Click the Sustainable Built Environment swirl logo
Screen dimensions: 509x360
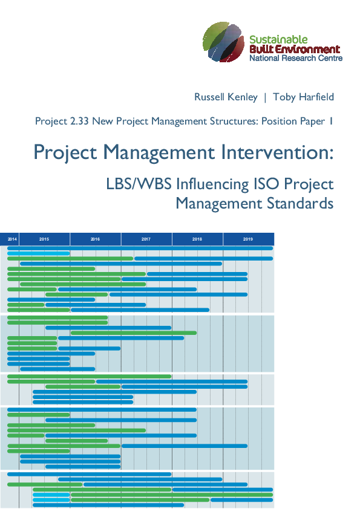223,42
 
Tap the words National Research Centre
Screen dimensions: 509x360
296,58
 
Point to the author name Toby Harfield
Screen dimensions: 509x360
303,97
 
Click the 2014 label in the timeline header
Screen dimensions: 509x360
12,239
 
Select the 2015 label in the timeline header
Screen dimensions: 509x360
44,239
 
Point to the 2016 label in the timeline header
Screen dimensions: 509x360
95,239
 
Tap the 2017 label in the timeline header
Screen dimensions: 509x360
146,239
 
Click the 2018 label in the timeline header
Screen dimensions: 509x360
197,239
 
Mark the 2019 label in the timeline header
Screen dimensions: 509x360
248,239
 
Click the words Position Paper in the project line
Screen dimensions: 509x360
295,121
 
